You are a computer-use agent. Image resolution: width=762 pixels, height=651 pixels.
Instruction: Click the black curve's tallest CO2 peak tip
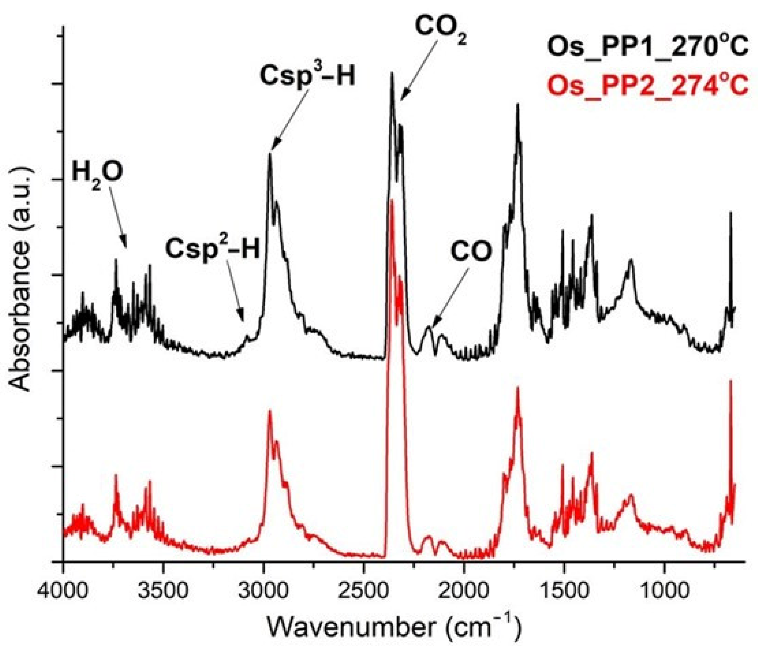point(392,72)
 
